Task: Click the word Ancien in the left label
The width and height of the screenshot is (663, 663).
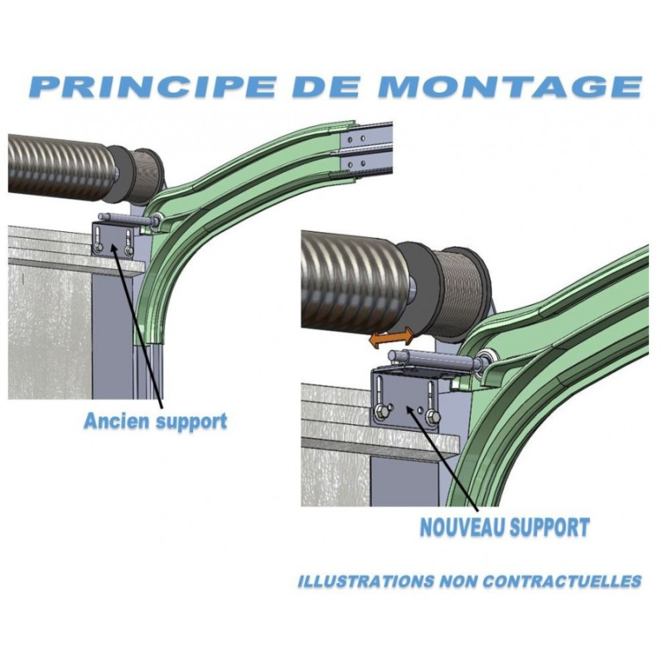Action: coord(117,421)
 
